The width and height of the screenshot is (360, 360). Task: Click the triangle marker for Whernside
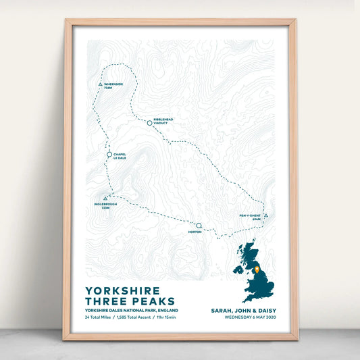click(x=100, y=85)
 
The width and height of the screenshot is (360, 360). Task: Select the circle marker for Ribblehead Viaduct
click(x=149, y=123)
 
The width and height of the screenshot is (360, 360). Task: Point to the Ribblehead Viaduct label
click(x=163, y=121)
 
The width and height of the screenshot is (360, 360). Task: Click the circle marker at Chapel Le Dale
click(x=109, y=155)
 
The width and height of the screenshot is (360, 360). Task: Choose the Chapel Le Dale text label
click(x=120, y=156)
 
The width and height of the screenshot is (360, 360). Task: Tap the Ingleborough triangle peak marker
click(x=106, y=198)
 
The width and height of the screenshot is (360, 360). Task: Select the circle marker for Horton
click(x=199, y=226)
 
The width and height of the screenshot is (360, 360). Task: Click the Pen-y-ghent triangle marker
click(x=266, y=215)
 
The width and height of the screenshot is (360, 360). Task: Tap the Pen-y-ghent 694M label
click(x=249, y=217)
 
